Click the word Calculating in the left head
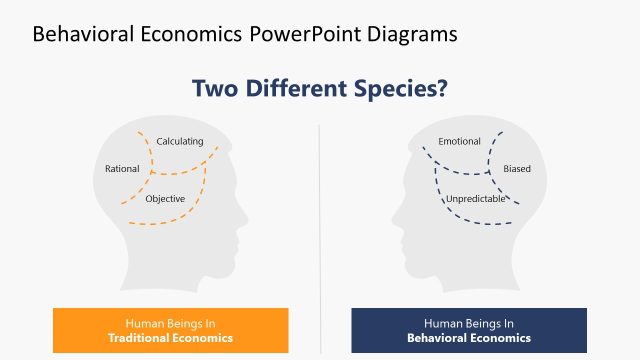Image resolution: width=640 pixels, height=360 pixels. (180, 141)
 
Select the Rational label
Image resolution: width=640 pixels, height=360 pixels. (122, 169)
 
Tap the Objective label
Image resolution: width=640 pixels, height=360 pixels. (165, 198)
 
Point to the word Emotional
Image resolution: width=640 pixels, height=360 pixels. (459, 141)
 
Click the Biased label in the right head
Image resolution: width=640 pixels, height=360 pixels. (517, 169)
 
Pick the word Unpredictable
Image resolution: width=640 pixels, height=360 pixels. (476, 198)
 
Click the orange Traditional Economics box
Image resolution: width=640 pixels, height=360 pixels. (170, 330)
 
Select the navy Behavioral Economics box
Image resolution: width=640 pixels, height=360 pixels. (469, 330)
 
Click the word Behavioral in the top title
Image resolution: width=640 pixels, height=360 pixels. (83, 33)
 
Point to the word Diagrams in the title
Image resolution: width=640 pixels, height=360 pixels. (413, 33)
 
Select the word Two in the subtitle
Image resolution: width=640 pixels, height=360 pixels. (216, 88)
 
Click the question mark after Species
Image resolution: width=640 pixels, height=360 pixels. (441, 88)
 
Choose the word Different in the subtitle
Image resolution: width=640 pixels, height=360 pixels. (298, 88)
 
